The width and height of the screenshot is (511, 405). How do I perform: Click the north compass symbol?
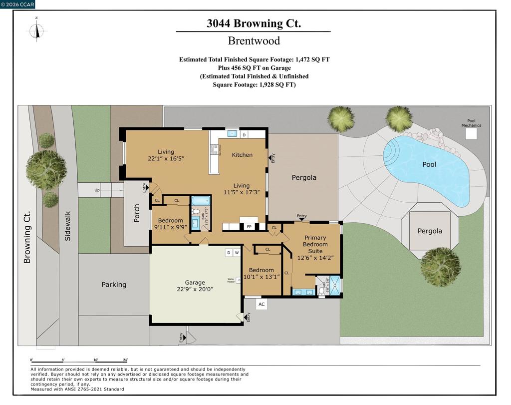pyautogui.click(x=36, y=29)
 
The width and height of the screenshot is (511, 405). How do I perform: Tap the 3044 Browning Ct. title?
pyautogui.click(x=254, y=23)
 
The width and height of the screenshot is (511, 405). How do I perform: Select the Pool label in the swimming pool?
pyautogui.click(x=429, y=164)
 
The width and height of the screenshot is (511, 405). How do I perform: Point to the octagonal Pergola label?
pyautogui.click(x=429, y=231)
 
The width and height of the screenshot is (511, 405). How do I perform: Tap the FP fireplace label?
pyautogui.click(x=249, y=227)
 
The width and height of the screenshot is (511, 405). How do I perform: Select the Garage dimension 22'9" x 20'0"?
pyautogui.click(x=195, y=289)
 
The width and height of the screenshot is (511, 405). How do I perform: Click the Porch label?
pyautogui.click(x=137, y=213)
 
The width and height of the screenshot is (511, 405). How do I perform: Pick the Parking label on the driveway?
pyautogui.click(x=114, y=285)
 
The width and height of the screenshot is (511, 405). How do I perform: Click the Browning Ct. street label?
pyautogui.click(x=27, y=237)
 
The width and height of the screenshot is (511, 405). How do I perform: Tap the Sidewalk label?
pyautogui.click(x=68, y=226)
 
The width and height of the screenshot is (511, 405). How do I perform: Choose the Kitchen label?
pyautogui.click(x=242, y=155)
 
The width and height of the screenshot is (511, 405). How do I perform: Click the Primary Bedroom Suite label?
pyautogui.click(x=315, y=244)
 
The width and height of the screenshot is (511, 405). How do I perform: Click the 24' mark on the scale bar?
pyautogui.click(x=125, y=360)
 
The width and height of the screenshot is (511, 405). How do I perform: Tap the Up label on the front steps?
pyautogui.click(x=97, y=190)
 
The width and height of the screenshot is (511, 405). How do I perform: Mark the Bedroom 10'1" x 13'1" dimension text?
pyautogui.click(x=261, y=277)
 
